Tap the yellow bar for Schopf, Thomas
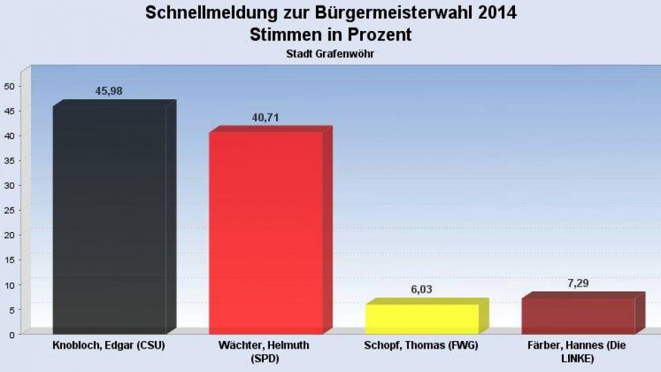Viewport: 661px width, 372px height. [x=422, y=318]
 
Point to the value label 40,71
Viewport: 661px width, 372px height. [x=265, y=118]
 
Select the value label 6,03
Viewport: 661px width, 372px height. [x=421, y=290]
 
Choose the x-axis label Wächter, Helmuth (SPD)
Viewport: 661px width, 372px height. [x=266, y=351]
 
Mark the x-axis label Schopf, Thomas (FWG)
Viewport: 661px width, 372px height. [x=421, y=345]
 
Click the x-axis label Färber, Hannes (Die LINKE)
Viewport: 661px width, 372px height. [x=577, y=351]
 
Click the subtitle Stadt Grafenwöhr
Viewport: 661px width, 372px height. [x=330, y=53]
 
